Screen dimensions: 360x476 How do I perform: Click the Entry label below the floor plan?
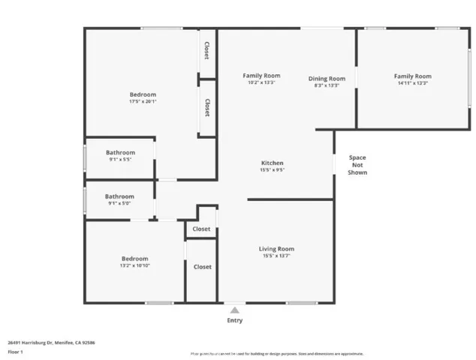pyautogui.click(x=235, y=320)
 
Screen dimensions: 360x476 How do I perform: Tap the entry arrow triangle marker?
pyautogui.click(x=235, y=309)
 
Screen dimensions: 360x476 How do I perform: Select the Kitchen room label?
pyautogui.click(x=272, y=163)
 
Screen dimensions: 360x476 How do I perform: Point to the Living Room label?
pyautogui.click(x=276, y=249)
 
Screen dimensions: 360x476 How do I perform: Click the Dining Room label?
pyautogui.click(x=327, y=79)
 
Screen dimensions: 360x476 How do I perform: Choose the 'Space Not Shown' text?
pyautogui.click(x=357, y=165)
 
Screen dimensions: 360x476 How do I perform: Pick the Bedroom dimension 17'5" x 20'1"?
pyautogui.click(x=143, y=103)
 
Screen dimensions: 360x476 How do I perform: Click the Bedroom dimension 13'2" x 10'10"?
pyautogui.click(x=135, y=266)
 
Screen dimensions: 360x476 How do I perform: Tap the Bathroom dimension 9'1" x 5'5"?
pyautogui.click(x=120, y=160)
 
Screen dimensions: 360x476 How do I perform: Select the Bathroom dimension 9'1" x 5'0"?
pyautogui.click(x=120, y=203)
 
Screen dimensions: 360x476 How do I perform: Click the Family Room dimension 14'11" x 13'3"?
pyautogui.click(x=413, y=84)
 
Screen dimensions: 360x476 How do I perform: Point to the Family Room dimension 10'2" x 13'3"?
pyautogui.click(x=261, y=82)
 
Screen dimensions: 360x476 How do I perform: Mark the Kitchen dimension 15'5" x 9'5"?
pyautogui.click(x=272, y=170)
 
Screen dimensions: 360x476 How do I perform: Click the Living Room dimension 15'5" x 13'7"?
pyautogui.click(x=276, y=256)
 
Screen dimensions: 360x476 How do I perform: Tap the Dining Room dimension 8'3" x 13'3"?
pyautogui.click(x=327, y=85)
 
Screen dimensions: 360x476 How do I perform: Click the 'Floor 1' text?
pyautogui.click(x=15, y=351)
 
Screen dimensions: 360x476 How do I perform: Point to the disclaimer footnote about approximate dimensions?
pyautogui.click(x=277, y=353)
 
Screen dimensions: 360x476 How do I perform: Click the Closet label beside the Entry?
pyautogui.click(x=202, y=266)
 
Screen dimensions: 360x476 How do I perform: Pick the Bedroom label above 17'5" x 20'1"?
pyautogui.click(x=143, y=95)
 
